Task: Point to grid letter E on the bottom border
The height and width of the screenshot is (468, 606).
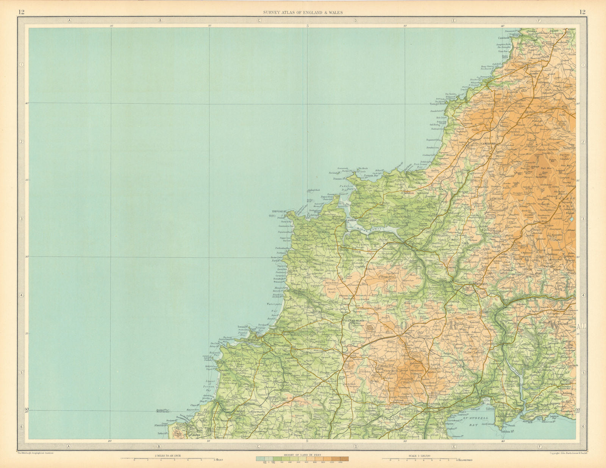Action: click(453, 446)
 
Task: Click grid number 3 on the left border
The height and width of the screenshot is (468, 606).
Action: click(22, 219)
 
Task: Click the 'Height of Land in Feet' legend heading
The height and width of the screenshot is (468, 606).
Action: click(302, 456)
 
